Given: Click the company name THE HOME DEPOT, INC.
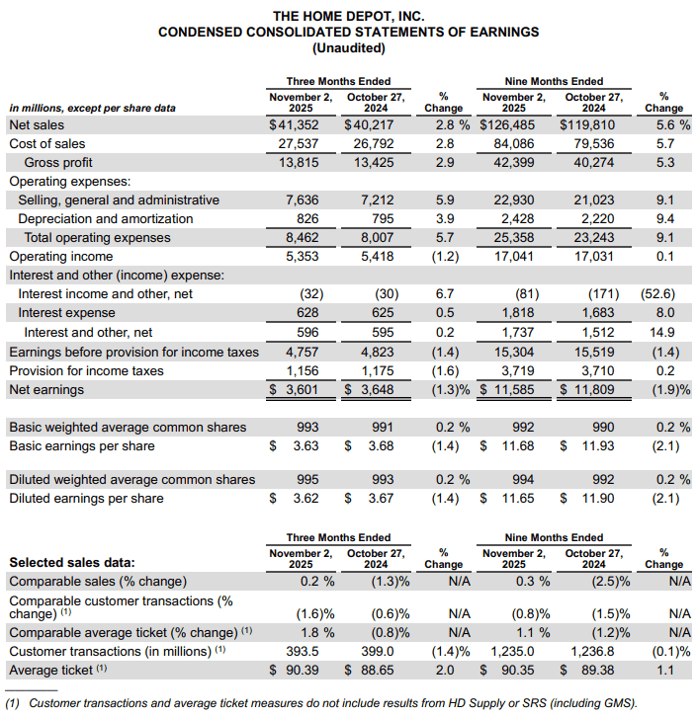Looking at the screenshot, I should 348,16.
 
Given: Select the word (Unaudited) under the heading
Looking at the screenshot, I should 348,48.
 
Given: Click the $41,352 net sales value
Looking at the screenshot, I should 295,125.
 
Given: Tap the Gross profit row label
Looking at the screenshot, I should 58,163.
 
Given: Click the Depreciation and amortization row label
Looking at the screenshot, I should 106,219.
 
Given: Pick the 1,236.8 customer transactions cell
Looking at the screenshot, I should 592,652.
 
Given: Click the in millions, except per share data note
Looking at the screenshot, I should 93,108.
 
